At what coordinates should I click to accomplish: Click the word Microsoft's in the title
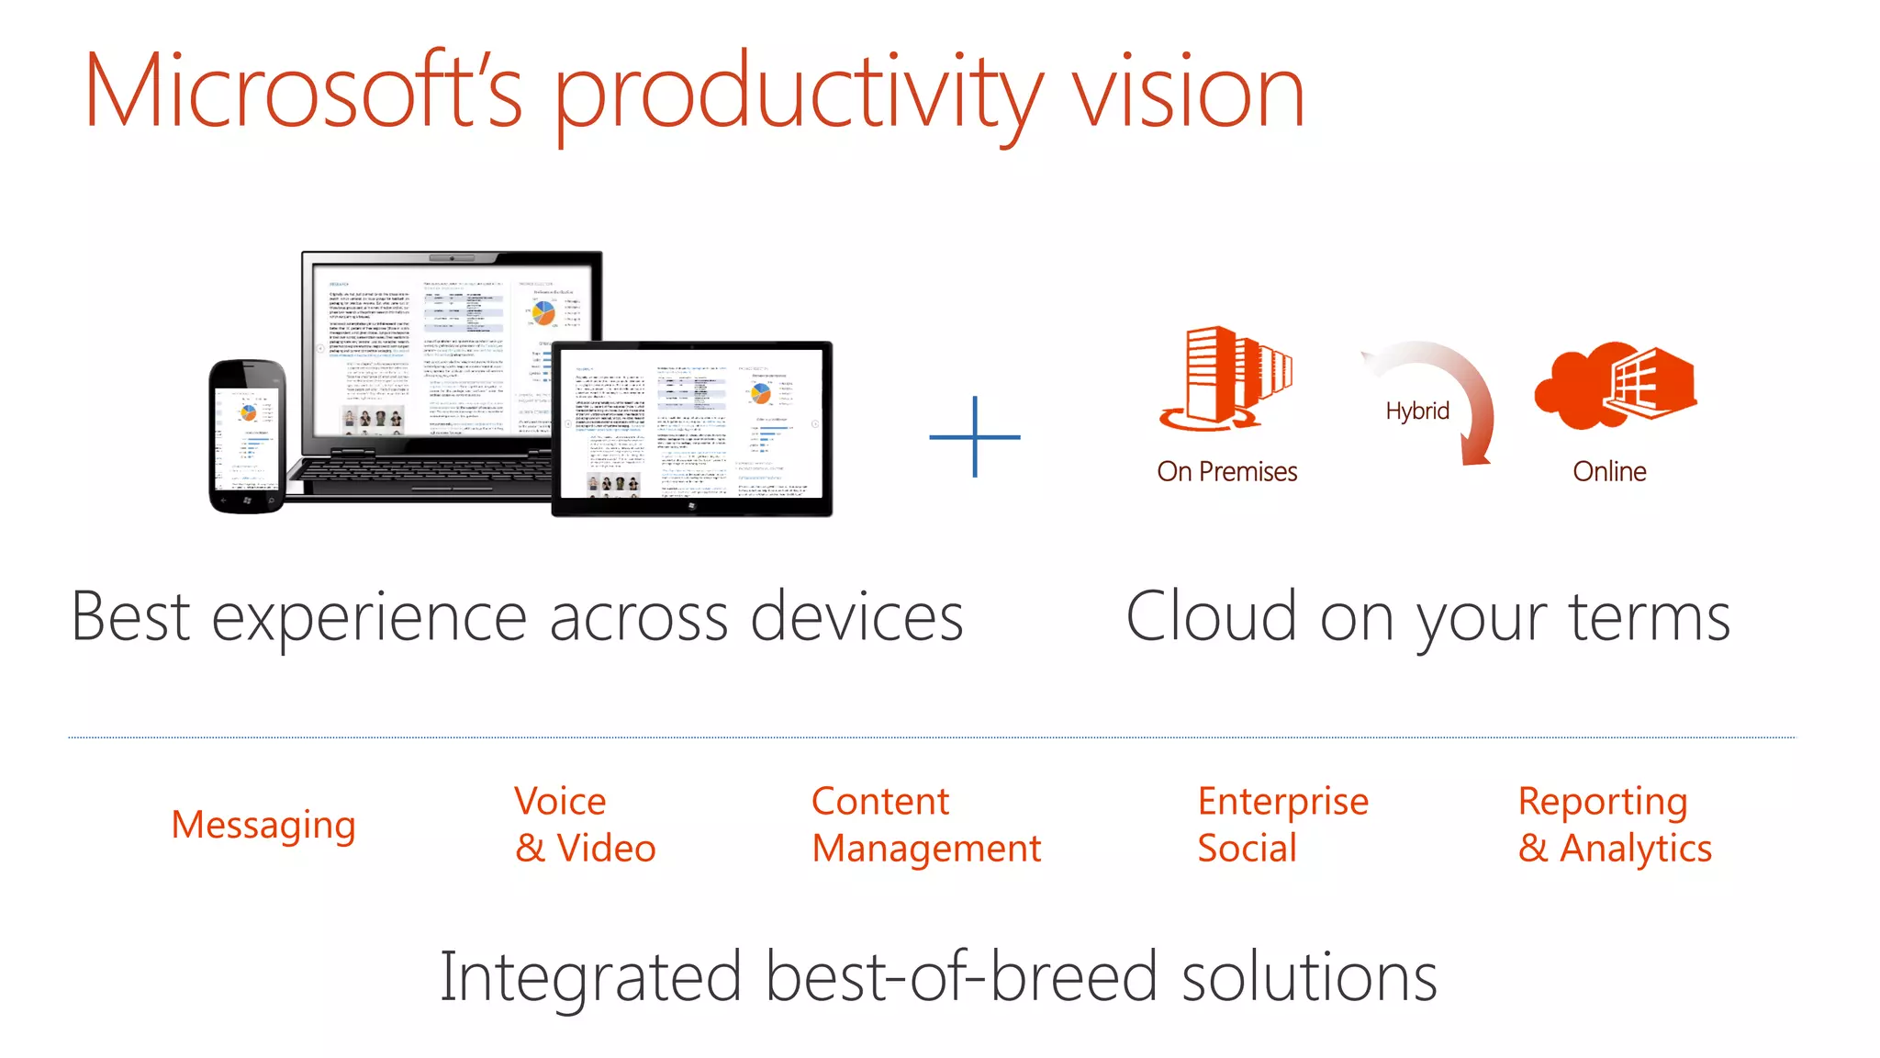point(303,92)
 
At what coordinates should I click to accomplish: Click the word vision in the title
point(1188,92)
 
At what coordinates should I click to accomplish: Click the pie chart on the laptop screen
point(543,312)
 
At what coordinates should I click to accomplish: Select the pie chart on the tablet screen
point(761,394)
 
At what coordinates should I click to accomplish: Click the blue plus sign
point(975,437)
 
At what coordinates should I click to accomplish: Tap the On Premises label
point(1226,471)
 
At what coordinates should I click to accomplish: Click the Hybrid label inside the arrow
point(1417,411)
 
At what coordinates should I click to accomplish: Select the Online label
point(1609,471)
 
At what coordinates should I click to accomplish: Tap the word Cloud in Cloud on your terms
point(1211,617)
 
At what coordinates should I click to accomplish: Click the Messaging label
point(263,825)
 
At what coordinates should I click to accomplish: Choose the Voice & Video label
point(585,825)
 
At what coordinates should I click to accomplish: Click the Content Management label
point(925,825)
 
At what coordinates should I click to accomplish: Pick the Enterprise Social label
point(1282,825)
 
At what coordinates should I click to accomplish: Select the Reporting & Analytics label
point(1614,825)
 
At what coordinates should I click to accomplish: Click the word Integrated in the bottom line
point(590,977)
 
